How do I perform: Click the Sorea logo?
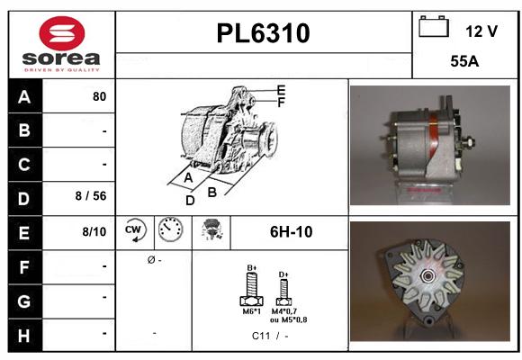[x=60, y=46]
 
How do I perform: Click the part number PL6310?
[x=264, y=34]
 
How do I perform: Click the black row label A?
[x=23, y=96]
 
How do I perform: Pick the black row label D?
[x=23, y=197]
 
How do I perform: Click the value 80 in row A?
[x=99, y=96]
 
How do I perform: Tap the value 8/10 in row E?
[x=94, y=231]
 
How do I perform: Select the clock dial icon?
[x=169, y=231]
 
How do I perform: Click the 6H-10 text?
[x=291, y=232]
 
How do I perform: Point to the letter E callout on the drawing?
[x=281, y=90]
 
